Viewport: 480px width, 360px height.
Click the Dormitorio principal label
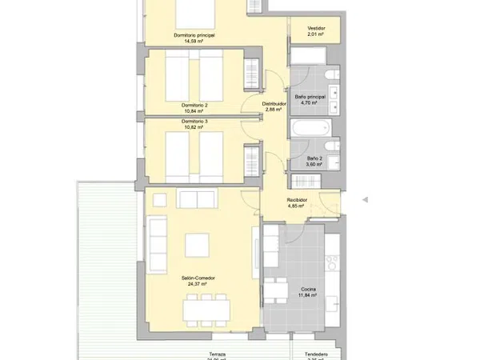(x=194, y=35)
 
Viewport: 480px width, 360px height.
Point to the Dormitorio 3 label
(x=194, y=121)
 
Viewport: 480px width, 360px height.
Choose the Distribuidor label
(x=274, y=103)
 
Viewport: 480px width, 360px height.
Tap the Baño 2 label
(x=315, y=158)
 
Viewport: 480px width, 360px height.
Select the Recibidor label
(x=298, y=200)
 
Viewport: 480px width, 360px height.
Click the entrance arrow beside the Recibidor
(x=366, y=199)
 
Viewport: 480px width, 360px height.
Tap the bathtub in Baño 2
(x=310, y=129)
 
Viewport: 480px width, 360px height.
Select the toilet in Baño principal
(x=330, y=78)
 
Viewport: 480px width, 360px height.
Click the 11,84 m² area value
(x=308, y=295)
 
